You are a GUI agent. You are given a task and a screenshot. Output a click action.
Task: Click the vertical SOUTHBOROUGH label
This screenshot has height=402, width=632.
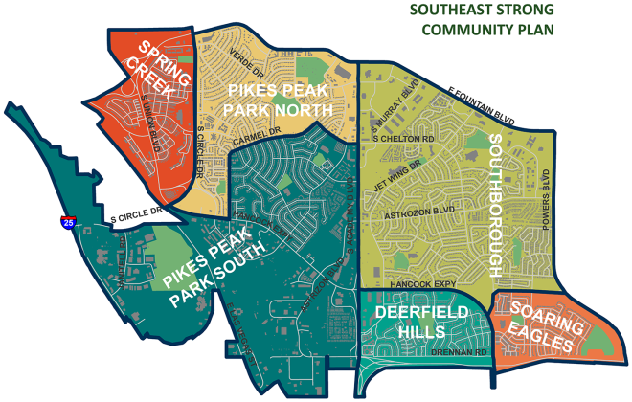(x=496, y=205)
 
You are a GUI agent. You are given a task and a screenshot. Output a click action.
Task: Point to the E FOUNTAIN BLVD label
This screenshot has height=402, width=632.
(x=482, y=106)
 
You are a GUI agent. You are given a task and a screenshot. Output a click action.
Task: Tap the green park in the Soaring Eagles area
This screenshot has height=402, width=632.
(x=598, y=338)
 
